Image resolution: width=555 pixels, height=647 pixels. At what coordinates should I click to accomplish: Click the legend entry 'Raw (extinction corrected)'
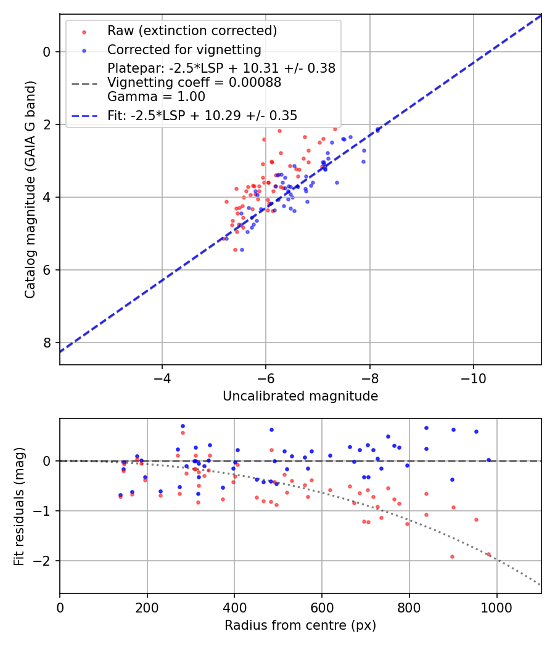tap(192, 31)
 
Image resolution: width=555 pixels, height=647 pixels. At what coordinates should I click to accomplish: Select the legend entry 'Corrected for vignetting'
tap(184, 49)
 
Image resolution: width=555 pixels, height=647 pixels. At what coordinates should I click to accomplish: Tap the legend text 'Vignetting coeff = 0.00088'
tap(194, 83)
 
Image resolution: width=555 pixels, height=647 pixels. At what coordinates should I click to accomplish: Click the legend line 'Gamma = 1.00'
tap(155, 97)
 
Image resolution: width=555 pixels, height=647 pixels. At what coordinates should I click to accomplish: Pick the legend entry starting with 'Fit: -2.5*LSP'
tap(202, 116)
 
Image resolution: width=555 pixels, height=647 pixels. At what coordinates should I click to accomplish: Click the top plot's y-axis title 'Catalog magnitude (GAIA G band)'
tap(30, 190)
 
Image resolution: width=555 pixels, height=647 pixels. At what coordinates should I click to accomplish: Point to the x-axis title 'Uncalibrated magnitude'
tap(300, 396)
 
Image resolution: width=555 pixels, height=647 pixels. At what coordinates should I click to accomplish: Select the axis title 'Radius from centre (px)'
tap(300, 625)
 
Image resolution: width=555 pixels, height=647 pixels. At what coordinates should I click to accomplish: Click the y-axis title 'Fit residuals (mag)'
tap(19, 506)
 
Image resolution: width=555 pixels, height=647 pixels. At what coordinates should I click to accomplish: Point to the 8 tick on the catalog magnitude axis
tap(46, 343)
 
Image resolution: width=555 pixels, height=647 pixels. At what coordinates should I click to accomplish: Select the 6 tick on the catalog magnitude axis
tap(46, 270)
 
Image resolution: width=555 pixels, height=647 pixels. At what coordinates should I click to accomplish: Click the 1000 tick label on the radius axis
tap(496, 606)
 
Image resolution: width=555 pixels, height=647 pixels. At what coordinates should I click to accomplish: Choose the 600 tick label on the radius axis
tap(321, 606)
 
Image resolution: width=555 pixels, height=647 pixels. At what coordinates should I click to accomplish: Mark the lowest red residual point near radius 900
tap(452, 556)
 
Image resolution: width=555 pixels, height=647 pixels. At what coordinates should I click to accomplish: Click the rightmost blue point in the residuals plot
tap(488, 460)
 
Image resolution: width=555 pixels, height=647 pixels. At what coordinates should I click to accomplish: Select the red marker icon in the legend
tap(84, 31)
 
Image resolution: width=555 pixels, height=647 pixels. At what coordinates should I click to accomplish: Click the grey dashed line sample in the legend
tap(84, 83)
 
